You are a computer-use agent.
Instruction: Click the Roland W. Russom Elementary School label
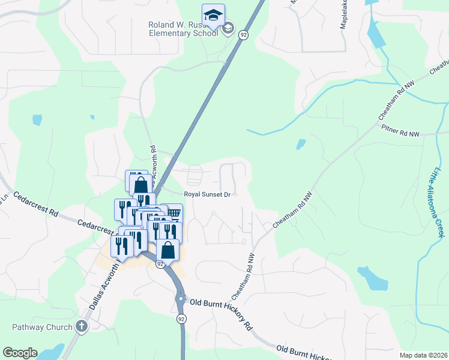[x=183, y=29]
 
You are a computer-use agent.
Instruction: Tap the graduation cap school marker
[x=213, y=16]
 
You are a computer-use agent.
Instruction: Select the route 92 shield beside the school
[x=243, y=35]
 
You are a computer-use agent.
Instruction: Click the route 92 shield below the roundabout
[x=181, y=320]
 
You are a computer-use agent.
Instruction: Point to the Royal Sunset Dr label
[x=207, y=194]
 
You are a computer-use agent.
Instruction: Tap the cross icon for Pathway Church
[x=82, y=327]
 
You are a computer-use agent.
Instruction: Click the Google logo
[x=20, y=353]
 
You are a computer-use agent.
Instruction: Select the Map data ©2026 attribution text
[x=423, y=355]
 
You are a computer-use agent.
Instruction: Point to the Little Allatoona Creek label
[x=439, y=202]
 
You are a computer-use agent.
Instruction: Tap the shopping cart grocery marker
[x=173, y=214]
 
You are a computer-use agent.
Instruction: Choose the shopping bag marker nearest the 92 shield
[x=168, y=249]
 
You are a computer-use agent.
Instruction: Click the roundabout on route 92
[x=181, y=298]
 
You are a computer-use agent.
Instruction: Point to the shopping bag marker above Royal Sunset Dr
[x=140, y=184]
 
